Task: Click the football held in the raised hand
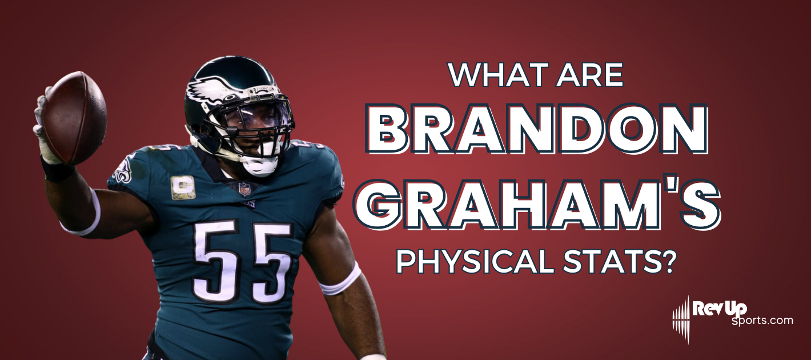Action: click(74, 117)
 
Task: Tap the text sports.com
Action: click(762, 321)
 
